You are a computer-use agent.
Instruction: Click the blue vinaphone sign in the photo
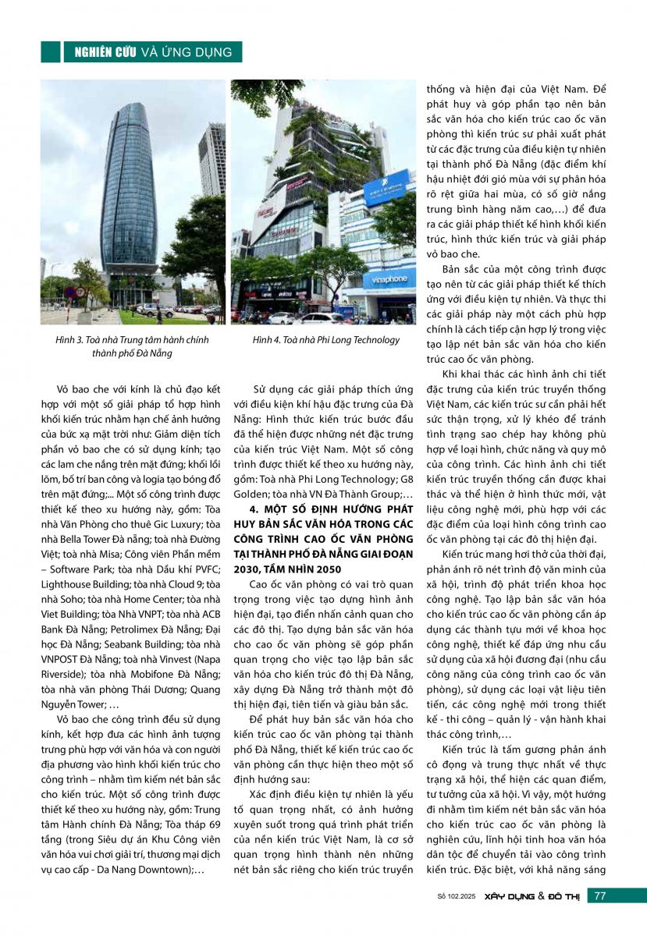click(389, 278)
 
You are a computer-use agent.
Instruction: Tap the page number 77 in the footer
click(599, 896)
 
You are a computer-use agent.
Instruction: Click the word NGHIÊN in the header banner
click(91, 52)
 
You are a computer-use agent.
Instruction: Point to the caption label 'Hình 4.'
click(268, 340)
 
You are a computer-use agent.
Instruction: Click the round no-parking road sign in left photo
click(70, 293)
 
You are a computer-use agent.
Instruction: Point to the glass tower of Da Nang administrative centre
click(128, 195)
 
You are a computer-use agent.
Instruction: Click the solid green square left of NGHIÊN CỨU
click(51, 51)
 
